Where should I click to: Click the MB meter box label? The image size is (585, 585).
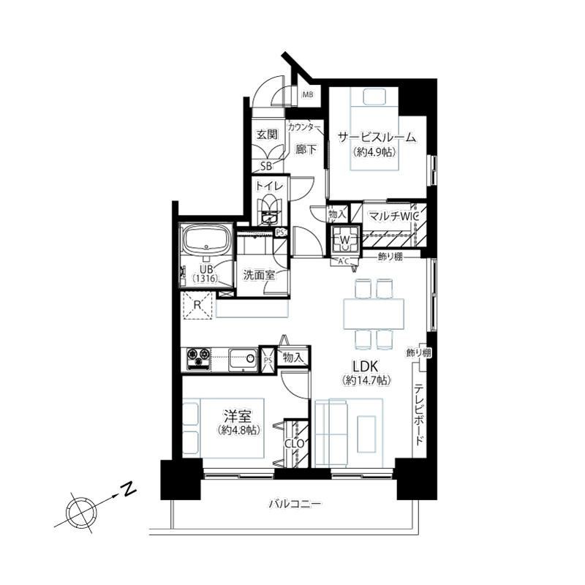click(307, 95)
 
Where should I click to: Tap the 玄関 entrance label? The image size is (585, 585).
click(268, 135)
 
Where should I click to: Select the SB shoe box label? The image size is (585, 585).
click(266, 167)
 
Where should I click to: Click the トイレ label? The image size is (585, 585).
click(270, 186)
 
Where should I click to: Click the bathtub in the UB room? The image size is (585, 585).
click(205, 239)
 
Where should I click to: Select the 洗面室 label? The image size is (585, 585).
click(259, 276)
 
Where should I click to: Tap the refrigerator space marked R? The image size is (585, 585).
click(197, 305)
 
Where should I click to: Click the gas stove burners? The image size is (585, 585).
click(198, 359)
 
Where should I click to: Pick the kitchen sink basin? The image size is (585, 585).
click(243, 359)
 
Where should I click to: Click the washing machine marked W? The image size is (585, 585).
click(344, 239)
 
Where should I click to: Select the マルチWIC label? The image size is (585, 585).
click(393, 216)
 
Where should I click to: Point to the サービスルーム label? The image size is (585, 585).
click(377, 137)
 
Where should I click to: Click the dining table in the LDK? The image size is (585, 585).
click(374, 314)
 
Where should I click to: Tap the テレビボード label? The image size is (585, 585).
click(418, 414)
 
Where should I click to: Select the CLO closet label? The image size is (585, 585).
click(295, 444)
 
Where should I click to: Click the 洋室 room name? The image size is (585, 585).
click(237, 415)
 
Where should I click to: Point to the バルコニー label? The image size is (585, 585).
click(295, 505)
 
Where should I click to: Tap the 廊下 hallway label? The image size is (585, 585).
click(306, 150)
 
